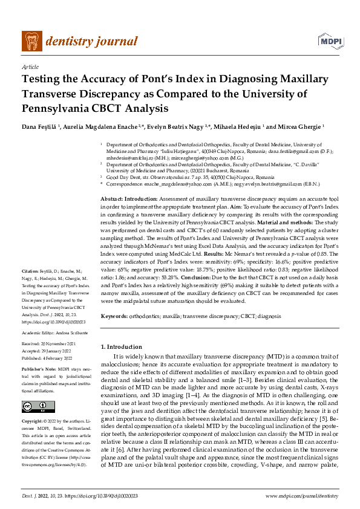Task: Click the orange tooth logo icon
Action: pyautogui.click(x=31, y=41)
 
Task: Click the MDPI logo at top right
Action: pyautogui.click(x=327, y=41)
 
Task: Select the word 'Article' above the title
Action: pyautogui.click(x=30, y=66)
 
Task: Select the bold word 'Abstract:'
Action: pyautogui.click(x=112, y=199)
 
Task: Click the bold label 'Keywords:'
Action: pyautogui.click(x=114, y=316)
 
